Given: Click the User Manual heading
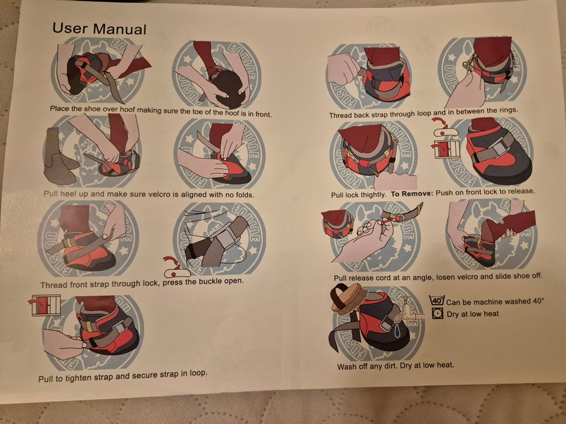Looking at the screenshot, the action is click(x=99, y=29).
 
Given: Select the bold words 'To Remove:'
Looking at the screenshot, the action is click(x=412, y=194).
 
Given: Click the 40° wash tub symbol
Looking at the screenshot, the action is click(x=437, y=300).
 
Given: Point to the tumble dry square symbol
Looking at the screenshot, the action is click(x=437, y=313).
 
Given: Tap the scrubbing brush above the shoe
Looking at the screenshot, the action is click(x=346, y=297).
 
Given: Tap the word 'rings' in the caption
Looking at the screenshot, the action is click(x=507, y=110).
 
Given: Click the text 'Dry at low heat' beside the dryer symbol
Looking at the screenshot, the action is click(x=473, y=314).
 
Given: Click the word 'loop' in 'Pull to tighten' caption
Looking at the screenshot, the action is click(x=198, y=373).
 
